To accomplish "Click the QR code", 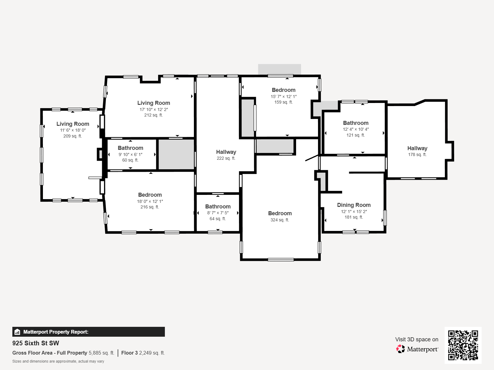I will point(463,345).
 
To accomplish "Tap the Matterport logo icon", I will point(400,349).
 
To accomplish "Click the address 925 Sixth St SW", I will point(36,343).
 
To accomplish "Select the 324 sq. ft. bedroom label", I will point(280,213).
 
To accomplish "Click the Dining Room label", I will point(354,205).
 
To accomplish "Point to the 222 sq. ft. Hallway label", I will point(226,152).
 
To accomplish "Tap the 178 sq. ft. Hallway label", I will point(417,148).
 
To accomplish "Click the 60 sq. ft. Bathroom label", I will point(130,148).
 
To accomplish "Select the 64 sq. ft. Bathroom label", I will point(218,207).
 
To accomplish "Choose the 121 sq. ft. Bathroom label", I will point(356,123).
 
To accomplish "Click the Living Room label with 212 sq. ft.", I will point(153,103).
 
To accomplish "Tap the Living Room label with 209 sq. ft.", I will point(73,124).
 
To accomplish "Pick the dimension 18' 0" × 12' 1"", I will point(150,201).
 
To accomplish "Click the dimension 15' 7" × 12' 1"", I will point(283,97).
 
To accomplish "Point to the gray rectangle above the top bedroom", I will point(279,69).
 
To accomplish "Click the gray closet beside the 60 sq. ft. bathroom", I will point(176,154).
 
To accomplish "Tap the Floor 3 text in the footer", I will point(129,353).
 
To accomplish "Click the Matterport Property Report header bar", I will point(88,332).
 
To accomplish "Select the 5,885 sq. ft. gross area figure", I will point(101,353).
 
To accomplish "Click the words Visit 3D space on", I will point(417,339).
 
